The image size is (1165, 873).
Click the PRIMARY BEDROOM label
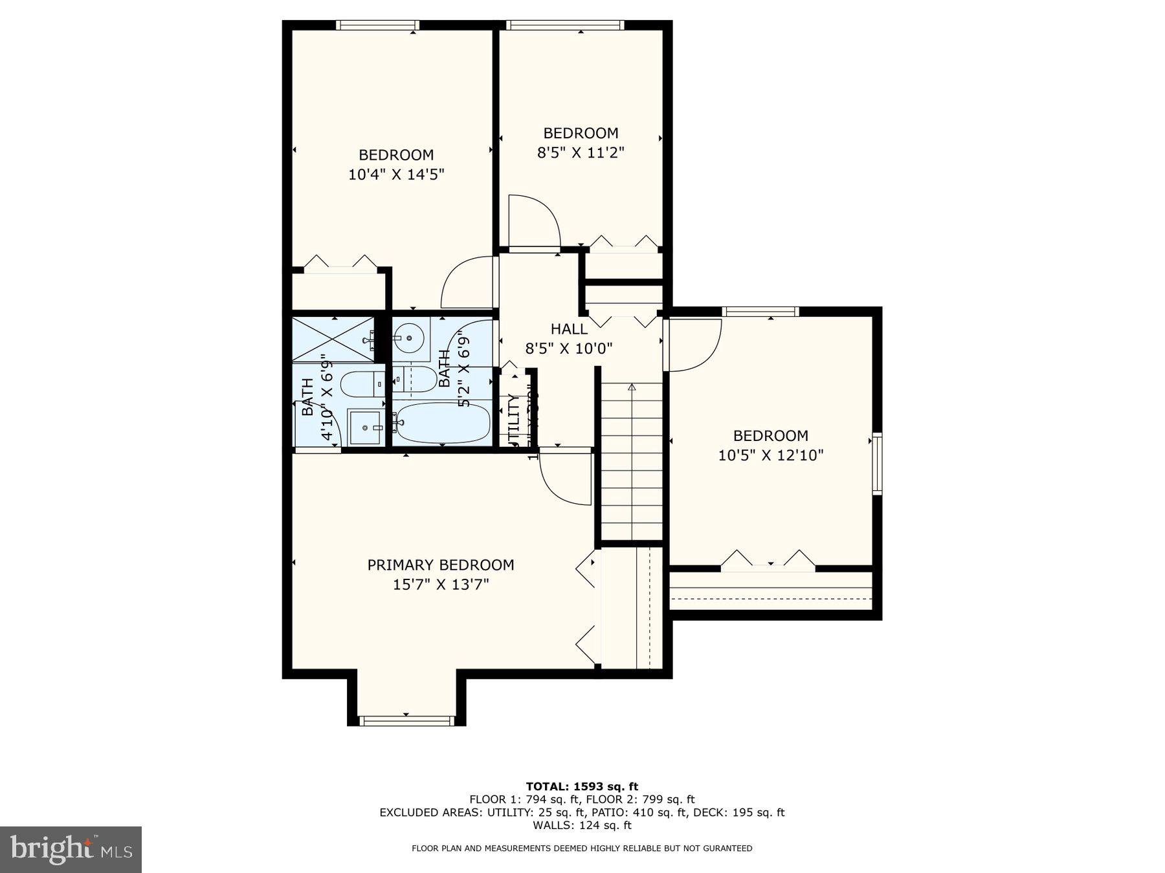441,565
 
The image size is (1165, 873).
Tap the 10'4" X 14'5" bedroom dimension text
396,175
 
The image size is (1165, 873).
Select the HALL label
569,329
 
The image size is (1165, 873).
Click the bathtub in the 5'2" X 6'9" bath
442,423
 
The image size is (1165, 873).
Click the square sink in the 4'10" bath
366,427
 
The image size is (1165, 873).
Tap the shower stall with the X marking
333,339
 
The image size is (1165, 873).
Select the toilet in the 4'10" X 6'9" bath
362,384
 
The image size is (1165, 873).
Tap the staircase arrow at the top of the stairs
632,388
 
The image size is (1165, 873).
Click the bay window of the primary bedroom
406,720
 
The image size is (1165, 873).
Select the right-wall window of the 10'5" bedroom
877,464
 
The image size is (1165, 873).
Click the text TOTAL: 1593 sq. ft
582,786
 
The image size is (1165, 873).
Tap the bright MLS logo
71,849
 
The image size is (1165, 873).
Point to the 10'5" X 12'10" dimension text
770,455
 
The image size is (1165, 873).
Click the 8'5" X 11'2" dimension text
581,153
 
